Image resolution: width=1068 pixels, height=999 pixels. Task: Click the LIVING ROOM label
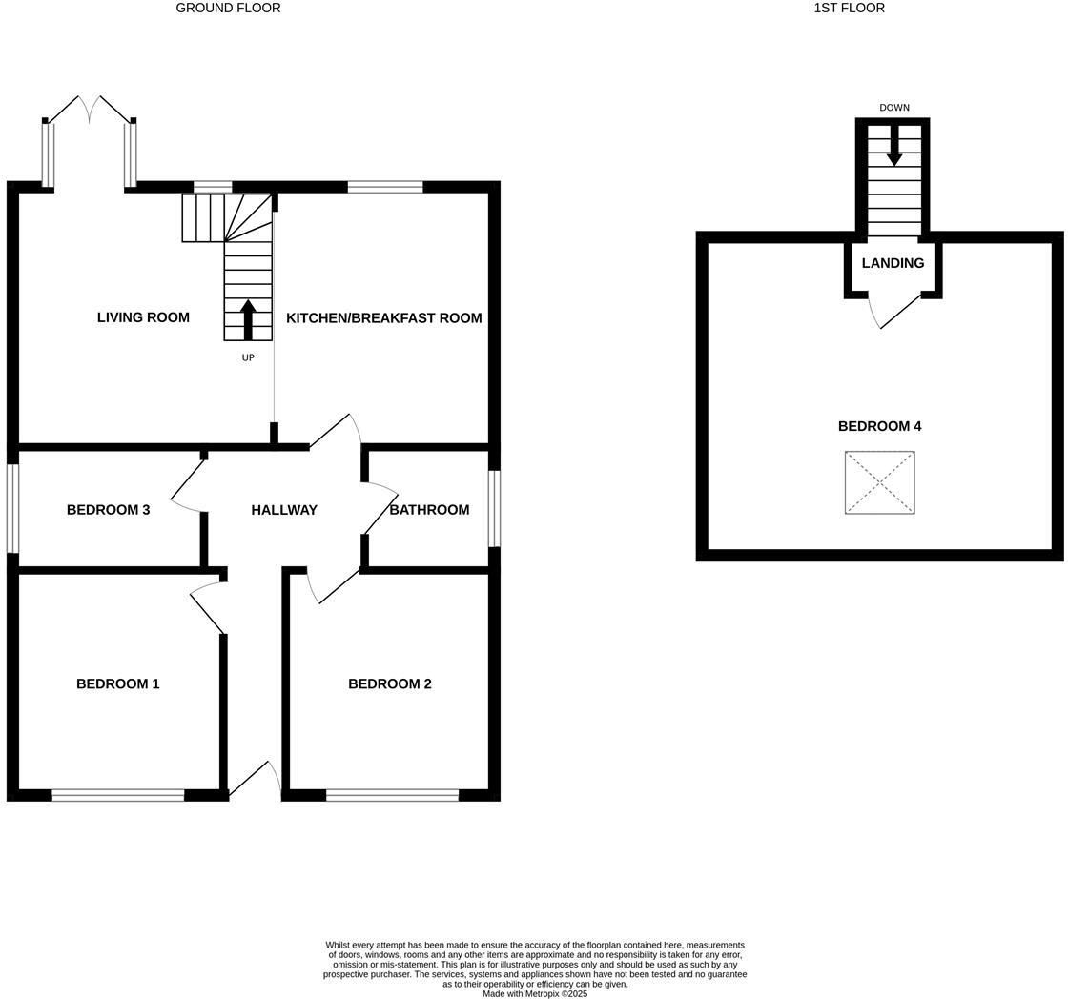(143, 317)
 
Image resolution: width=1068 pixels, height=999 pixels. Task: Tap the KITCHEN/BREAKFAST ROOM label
(383, 317)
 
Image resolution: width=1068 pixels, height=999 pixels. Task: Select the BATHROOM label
(429, 510)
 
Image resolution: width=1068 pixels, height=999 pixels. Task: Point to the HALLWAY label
(284, 510)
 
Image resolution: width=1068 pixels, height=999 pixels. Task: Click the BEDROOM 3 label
(108, 510)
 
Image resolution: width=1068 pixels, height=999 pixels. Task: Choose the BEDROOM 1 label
(117, 683)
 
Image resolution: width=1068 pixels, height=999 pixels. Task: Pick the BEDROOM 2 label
(389, 683)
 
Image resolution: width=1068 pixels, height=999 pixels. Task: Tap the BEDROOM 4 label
(879, 426)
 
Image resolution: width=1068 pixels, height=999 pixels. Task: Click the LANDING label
(893, 263)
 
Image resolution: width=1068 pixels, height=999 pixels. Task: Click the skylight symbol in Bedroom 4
(879, 482)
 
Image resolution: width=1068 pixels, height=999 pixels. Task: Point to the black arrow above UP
(248, 319)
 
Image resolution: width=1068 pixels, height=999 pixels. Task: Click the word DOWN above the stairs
(894, 108)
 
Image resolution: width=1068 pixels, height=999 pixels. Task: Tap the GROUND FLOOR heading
(228, 8)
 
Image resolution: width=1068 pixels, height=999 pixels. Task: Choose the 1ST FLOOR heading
(849, 8)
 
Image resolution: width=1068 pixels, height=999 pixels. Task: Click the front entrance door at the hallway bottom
(255, 781)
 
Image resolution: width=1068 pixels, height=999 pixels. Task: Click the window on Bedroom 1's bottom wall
(117, 795)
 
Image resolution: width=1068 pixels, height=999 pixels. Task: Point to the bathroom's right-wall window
(494, 509)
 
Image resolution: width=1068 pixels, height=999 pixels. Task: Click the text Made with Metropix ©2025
(535, 993)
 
